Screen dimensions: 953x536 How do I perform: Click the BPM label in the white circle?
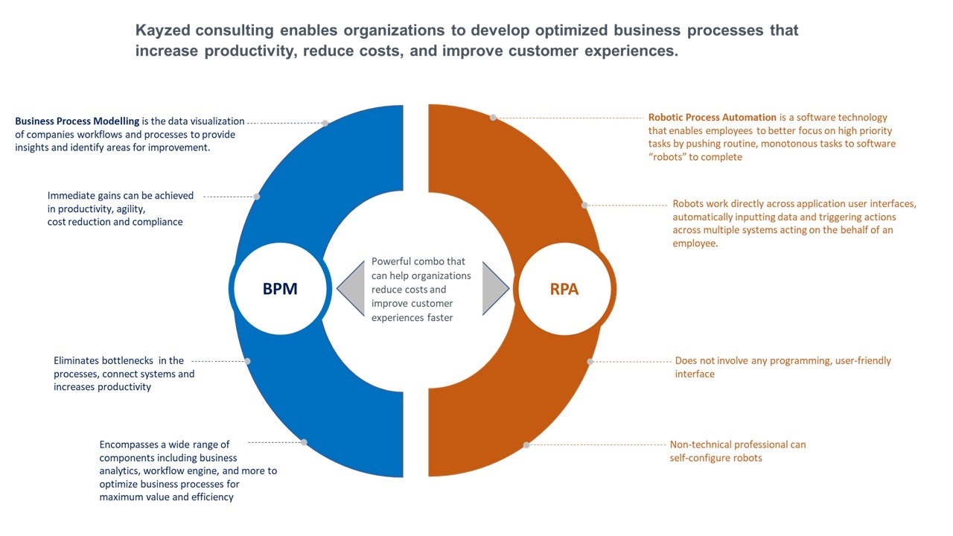[x=280, y=289]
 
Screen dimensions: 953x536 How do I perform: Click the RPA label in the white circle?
[x=564, y=290]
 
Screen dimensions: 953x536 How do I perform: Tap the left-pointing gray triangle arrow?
[x=351, y=288]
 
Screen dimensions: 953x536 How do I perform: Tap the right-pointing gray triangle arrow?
[x=495, y=288]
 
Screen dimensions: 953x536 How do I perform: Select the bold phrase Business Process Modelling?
[x=77, y=121]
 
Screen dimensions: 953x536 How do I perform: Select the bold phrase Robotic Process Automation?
[x=713, y=118]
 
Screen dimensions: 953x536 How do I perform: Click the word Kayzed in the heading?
[x=162, y=31]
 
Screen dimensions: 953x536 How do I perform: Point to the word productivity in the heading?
[x=250, y=51]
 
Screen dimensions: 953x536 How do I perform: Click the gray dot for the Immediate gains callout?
[x=257, y=197]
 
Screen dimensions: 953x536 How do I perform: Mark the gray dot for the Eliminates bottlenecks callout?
[x=247, y=361]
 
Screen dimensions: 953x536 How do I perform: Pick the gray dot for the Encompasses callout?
[x=304, y=442]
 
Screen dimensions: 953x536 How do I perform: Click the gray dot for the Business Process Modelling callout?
[x=325, y=124]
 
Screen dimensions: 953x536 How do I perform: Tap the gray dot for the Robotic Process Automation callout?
[x=493, y=118]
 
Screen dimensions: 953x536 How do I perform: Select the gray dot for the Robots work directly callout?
[x=584, y=205]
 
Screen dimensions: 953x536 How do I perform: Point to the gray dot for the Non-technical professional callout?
[x=526, y=445]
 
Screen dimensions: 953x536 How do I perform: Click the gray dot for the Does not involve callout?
[x=590, y=362]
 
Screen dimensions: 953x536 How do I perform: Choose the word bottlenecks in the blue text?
[x=127, y=361]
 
